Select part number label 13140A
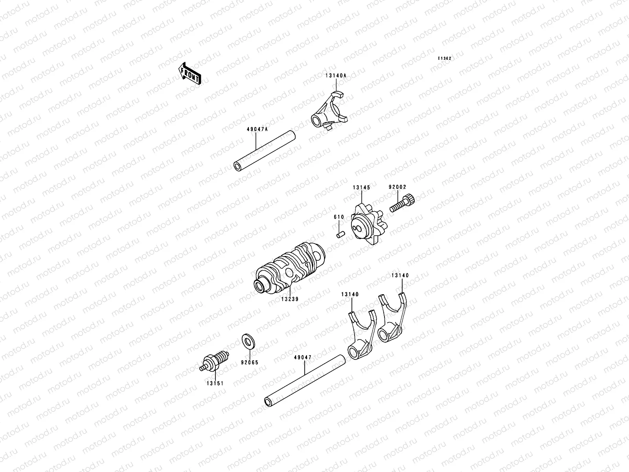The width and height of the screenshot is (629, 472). pos(336,75)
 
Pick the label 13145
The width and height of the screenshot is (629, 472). pos(361,188)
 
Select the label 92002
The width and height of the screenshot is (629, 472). pos(397,188)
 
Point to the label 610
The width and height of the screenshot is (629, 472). pos(339,217)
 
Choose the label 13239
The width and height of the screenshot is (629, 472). pos(290,299)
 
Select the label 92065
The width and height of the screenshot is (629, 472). pos(250,362)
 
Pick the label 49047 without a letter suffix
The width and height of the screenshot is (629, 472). pos(302,358)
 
